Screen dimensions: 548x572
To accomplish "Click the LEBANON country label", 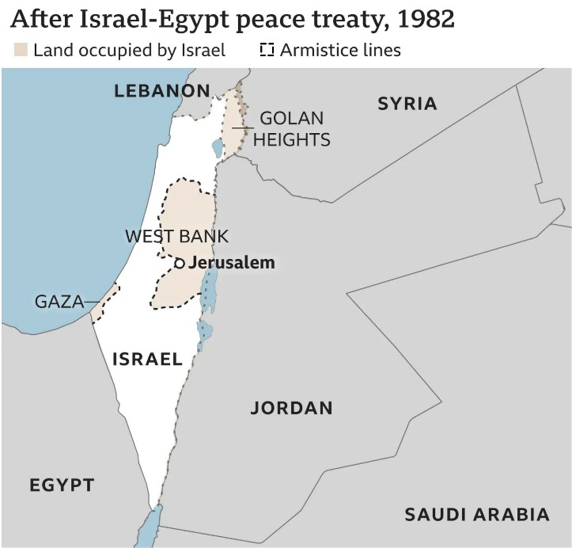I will point(162,91).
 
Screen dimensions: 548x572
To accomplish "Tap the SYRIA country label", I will point(407,104).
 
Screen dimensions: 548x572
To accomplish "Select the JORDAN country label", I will point(292,408).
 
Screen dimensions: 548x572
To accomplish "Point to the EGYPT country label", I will point(62,485).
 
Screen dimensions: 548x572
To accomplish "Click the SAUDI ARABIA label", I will point(477,514).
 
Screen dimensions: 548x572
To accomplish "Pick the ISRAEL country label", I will point(147,359).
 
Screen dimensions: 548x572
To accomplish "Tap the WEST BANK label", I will point(177,236).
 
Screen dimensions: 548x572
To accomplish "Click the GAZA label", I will point(59,301).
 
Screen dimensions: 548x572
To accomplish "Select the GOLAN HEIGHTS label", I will point(292,129).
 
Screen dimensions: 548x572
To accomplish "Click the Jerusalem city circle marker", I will point(179,263).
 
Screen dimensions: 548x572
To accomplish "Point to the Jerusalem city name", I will point(232,262).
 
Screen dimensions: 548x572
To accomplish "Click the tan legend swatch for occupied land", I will point(21,50).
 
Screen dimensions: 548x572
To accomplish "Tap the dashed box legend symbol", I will point(267,50).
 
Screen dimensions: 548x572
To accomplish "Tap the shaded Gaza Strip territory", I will point(104,304).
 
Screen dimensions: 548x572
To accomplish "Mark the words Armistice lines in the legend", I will point(340,50).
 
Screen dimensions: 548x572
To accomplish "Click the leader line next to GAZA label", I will point(92,301).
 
